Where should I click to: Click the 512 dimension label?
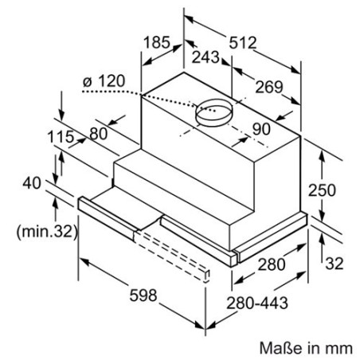[x=243, y=43]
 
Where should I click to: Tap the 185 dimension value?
[x=157, y=42]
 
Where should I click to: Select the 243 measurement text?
[x=205, y=57]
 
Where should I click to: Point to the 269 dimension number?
[x=269, y=87]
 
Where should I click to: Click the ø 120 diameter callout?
[x=104, y=80]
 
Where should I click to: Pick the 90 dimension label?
[x=261, y=129]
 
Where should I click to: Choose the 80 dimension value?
[x=99, y=134]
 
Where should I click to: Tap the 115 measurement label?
[x=61, y=137]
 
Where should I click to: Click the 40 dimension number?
[x=32, y=183]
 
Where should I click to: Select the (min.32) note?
[x=47, y=232]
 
